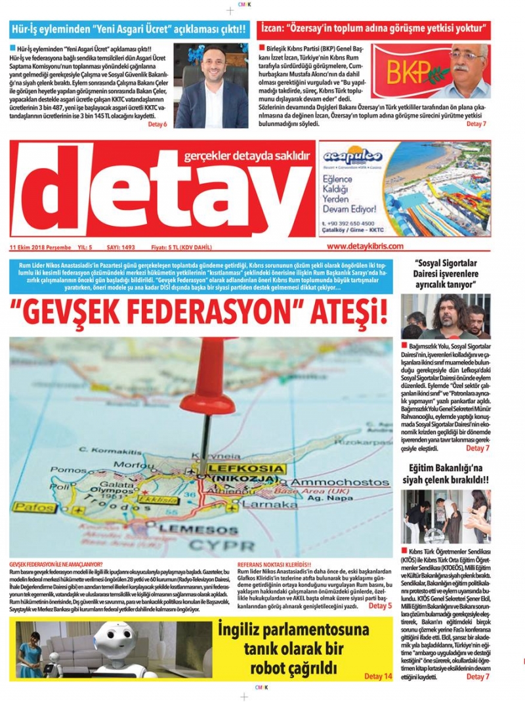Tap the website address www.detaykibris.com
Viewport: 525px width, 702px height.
(x=365, y=246)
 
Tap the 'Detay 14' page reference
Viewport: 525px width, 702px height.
(x=378, y=676)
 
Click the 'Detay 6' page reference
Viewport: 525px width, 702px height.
(x=157, y=124)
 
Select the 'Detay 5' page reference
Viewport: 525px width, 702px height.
(x=380, y=605)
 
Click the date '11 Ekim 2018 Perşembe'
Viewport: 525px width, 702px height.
(x=39, y=247)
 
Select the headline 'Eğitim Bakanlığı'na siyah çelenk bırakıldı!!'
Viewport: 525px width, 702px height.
(x=446, y=474)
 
